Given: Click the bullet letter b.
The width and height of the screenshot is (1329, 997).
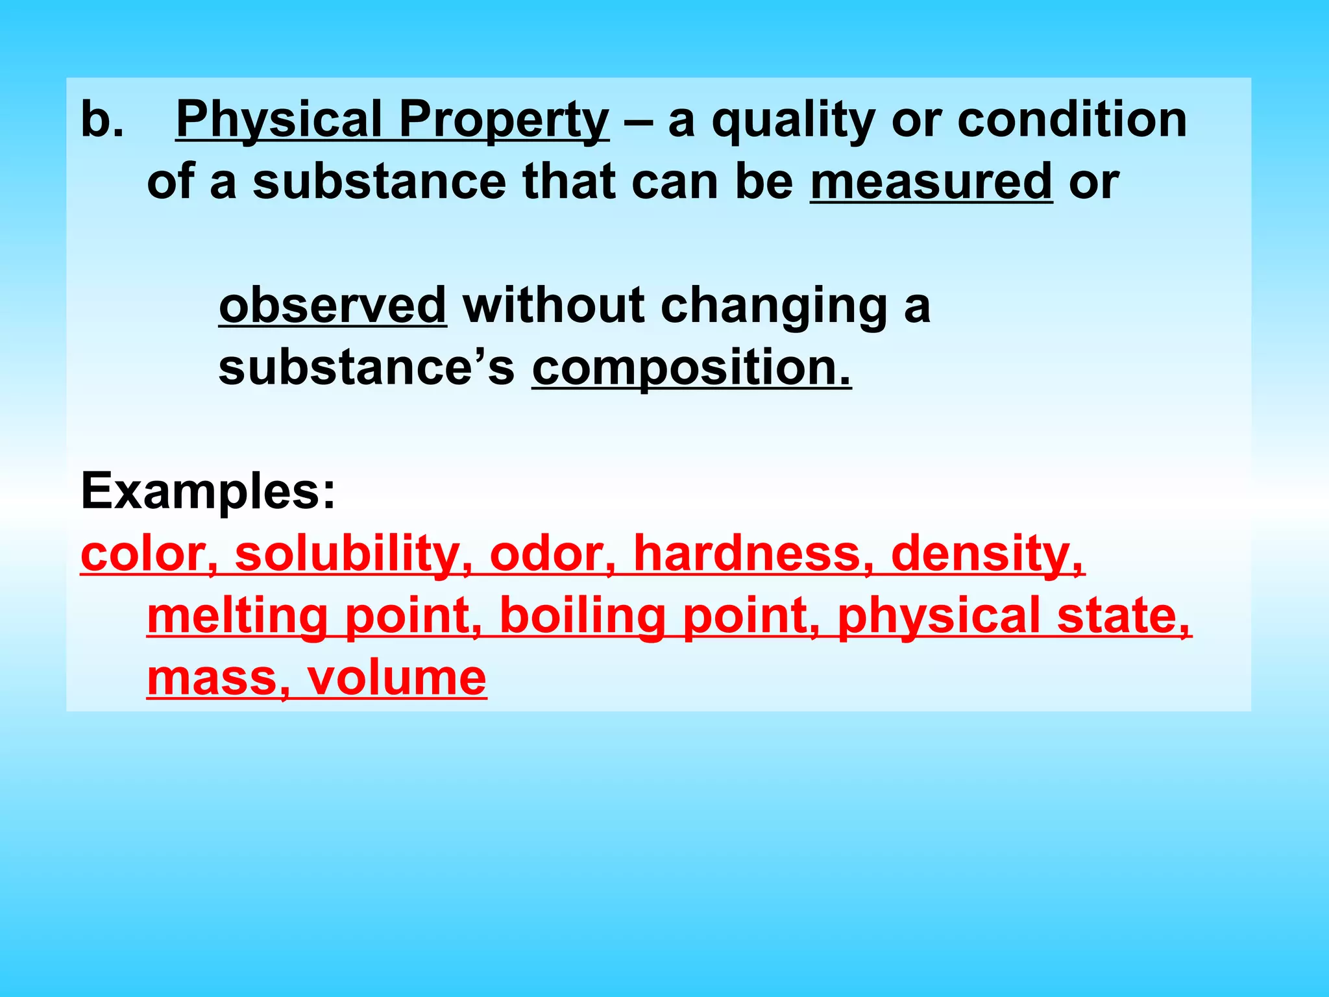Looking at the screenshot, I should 101,119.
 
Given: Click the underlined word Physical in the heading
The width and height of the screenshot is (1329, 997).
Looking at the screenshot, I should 278,119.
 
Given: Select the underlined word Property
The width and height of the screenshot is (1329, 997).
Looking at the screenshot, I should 504,119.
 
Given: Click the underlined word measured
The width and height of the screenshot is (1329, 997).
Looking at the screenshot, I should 931,182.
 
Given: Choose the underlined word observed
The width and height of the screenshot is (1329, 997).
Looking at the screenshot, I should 333,305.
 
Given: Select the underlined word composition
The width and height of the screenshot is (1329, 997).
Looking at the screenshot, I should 690,367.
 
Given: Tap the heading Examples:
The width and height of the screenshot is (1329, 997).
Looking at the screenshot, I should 208,491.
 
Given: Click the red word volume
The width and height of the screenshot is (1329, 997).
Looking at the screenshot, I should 396,678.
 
